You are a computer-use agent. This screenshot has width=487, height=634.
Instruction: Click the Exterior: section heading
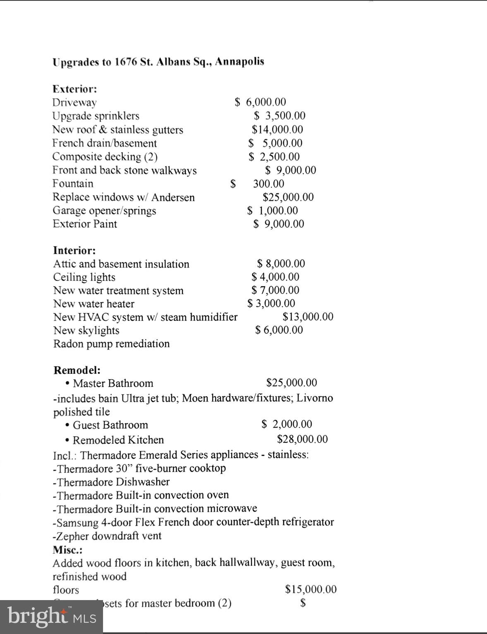(74, 89)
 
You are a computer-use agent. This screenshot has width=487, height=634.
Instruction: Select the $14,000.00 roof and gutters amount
(277, 129)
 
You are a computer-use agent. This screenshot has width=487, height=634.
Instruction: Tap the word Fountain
(73, 183)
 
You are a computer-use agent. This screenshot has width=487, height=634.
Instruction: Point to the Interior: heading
(74, 250)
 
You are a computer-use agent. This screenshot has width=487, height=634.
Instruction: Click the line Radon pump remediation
(111, 344)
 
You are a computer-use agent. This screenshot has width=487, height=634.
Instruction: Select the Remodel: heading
(77, 370)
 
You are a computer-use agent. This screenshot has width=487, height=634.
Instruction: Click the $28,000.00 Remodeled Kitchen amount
(302, 439)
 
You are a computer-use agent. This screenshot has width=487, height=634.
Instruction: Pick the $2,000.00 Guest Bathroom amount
(287, 424)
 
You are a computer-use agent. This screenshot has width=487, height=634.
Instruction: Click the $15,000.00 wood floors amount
(311, 589)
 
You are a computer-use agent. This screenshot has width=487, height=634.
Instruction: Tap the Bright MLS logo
(51, 617)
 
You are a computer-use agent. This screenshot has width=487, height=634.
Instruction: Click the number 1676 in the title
(126, 62)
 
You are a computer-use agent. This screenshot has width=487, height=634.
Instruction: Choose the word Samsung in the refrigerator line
(77, 522)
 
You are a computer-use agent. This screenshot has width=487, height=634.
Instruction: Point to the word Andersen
(173, 197)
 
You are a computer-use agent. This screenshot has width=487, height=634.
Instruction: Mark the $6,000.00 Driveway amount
(261, 102)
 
